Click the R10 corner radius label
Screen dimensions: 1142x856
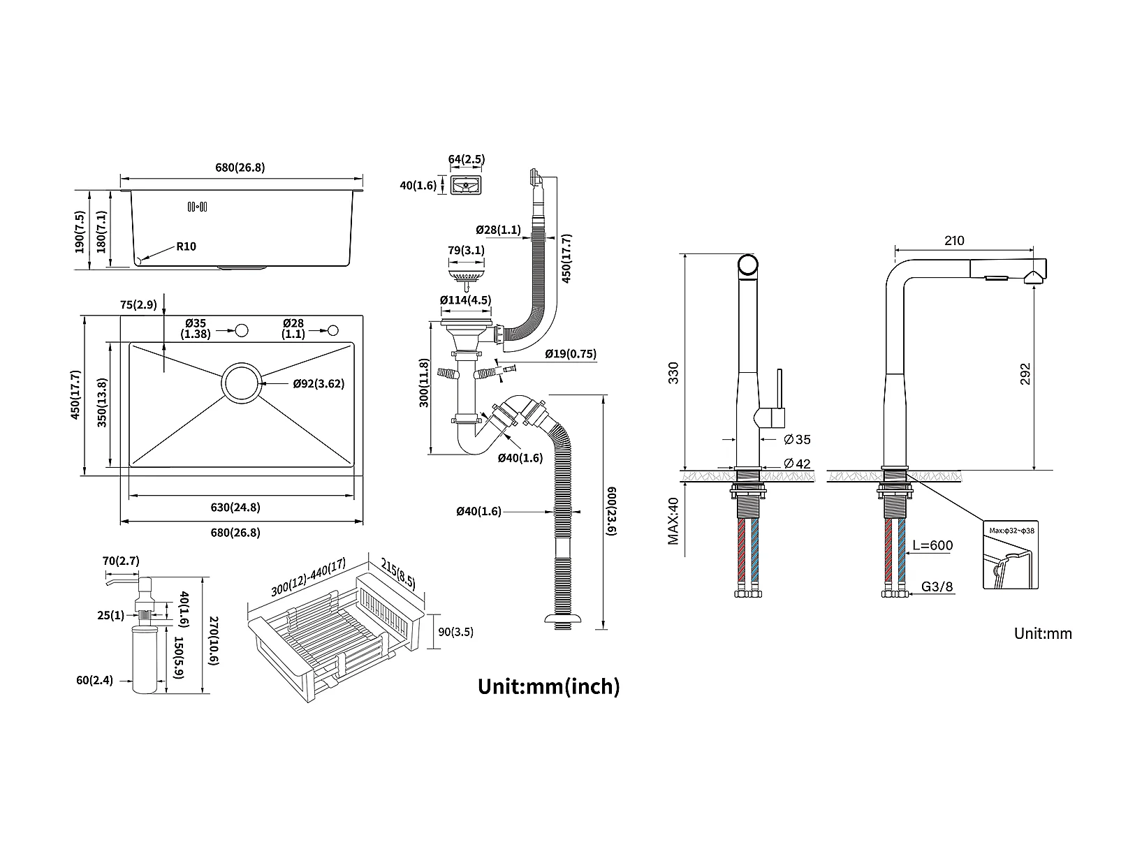tap(186, 246)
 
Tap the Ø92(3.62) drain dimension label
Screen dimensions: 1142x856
tap(319, 384)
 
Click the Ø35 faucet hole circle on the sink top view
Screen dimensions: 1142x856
tap(242, 330)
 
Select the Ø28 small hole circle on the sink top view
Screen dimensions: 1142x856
tap(333, 330)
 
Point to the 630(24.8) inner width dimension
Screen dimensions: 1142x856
tap(235, 507)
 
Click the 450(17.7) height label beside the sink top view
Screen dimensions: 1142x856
tap(76, 394)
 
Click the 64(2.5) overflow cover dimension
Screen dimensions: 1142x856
tap(466, 159)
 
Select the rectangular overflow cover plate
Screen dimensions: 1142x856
tap(466, 185)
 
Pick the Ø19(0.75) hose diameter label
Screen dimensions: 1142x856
tap(571, 353)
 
